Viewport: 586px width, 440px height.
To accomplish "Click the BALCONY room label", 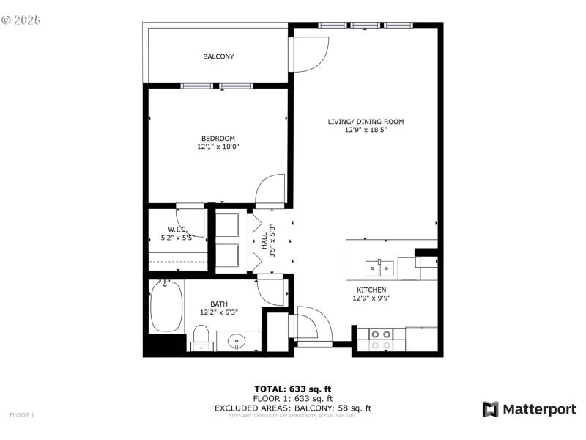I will tap(218, 56).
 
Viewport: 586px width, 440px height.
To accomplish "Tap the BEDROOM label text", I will tap(218, 139).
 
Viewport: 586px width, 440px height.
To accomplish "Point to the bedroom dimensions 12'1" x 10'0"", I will tap(218, 147).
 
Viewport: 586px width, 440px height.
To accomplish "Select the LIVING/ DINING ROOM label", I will tap(366, 122).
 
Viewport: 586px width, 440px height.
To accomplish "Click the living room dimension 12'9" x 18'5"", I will tap(366, 130).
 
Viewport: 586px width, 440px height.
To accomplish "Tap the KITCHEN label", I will tap(371, 290).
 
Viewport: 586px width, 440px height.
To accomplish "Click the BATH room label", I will tap(219, 304).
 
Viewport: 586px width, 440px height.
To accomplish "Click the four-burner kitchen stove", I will tap(381, 340).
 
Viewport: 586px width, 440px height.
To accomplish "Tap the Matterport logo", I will tap(529, 409).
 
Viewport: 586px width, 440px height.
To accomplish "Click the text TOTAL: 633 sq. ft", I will tap(293, 389).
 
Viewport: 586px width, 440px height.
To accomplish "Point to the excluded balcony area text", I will tap(293, 408).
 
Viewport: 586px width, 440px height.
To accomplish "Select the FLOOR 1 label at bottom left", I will tap(22, 415).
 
